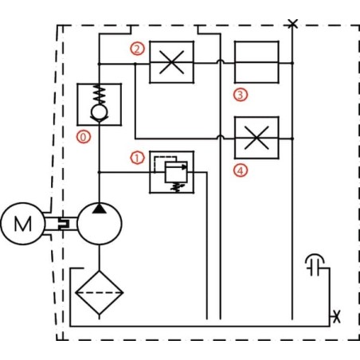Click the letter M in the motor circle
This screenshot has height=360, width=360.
point(23,224)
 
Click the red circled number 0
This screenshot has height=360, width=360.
point(84,137)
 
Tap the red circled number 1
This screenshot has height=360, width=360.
point(137,158)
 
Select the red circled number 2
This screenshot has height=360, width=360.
point(137,49)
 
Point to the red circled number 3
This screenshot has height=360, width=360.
point(241,95)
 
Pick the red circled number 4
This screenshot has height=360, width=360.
point(241,170)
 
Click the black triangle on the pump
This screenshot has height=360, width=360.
point(100,209)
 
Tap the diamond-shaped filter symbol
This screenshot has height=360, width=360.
point(100,292)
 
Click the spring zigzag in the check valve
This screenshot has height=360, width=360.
point(100,96)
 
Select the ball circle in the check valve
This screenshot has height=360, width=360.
point(100,112)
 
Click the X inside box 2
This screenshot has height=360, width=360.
point(171,62)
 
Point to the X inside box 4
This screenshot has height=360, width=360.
point(256,138)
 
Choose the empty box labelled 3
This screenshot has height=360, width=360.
point(256,62)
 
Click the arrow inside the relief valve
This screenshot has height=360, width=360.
point(176,167)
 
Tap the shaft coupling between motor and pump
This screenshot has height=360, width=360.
point(64,224)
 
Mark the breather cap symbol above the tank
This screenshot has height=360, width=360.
point(315,265)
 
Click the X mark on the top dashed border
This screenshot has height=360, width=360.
point(292,24)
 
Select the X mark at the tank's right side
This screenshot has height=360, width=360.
point(337,316)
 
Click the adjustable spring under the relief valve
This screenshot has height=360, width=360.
point(176,187)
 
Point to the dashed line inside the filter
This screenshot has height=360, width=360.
point(100,292)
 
